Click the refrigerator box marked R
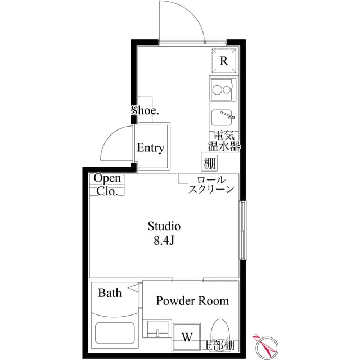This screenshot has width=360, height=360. click(223, 61)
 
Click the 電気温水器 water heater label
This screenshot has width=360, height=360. click(224, 141)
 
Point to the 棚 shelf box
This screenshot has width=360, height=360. click(210, 164)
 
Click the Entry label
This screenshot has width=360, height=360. click(151, 148)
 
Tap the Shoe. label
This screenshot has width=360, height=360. click(145, 110)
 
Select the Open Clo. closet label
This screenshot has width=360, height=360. click(107, 184)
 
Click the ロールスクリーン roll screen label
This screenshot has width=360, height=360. click(211, 185)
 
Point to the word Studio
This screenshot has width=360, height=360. click(164, 227)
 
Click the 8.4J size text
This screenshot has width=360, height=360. click(164, 241)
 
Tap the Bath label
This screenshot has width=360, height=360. click(110, 293)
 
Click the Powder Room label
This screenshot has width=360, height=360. click(192, 301)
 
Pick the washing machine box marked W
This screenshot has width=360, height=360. click(187, 337)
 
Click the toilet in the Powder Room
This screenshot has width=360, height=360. click(220, 333)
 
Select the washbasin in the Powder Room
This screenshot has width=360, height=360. click(157, 329)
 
